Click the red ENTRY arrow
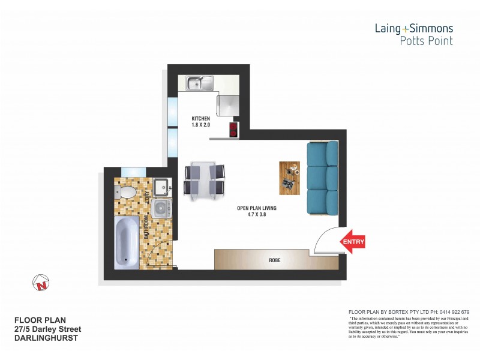(352, 242)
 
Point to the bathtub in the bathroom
(127, 242)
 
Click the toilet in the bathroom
(127, 191)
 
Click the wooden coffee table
(288, 177)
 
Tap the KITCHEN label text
(200, 119)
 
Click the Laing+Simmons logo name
(414, 28)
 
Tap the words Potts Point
(426, 41)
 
